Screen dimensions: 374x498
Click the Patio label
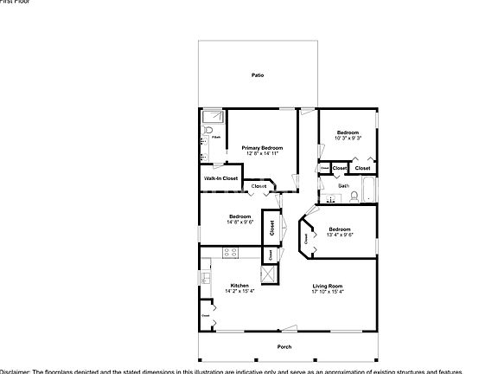click(x=257, y=76)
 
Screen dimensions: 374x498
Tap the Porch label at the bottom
click(x=284, y=347)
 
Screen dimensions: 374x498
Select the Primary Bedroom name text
click(x=261, y=148)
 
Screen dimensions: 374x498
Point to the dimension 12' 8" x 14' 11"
click(x=261, y=154)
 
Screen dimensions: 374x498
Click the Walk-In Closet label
click(x=220, y=178)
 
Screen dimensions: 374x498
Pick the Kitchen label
click(x=239, y=286)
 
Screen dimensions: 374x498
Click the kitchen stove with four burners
click(x=230, y=253)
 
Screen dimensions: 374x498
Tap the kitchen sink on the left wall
click(x=206, y=279)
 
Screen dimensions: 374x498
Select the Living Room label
click(x=328, y=286)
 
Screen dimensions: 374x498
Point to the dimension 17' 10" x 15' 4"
click(x=328, y=292)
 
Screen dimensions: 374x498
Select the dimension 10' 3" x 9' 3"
click(x=348, y=139)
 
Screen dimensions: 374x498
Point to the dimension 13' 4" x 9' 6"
click(x=339, y=235)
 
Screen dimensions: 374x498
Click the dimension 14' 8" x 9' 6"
click(x=239, y=222)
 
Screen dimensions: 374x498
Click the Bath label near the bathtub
click(x=343, y=185)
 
